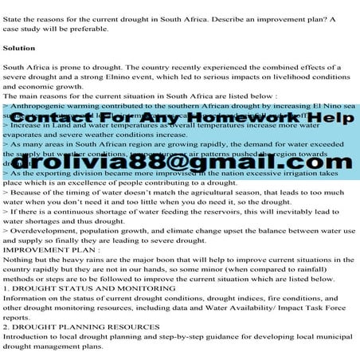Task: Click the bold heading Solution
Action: pos(19,49)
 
